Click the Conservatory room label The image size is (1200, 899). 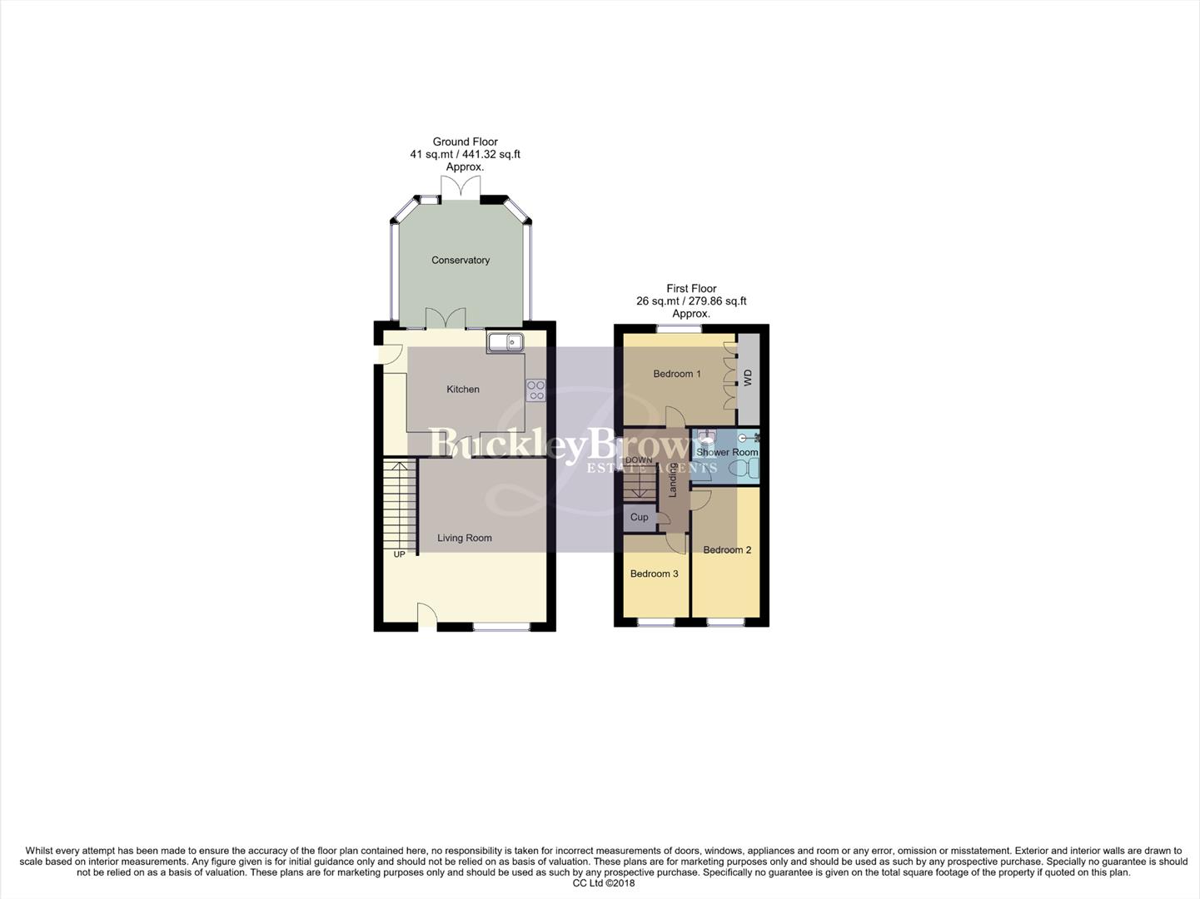(461, 261)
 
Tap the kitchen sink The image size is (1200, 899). (505, 341)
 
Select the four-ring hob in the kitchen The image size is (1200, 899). (535, 390)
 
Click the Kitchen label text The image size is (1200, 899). (463, 390)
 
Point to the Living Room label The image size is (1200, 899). (465, 538)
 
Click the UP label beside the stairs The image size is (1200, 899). (400, 554)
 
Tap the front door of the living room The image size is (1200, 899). (426, 616)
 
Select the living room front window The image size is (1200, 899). (501, 626)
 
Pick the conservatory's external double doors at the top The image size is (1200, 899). (461, 189)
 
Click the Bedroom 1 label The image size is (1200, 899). (677, 374)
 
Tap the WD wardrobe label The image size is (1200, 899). (748, 377)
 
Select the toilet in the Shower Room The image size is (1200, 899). (744, 469)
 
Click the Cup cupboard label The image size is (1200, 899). (640, 517)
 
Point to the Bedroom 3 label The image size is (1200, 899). (655, 574)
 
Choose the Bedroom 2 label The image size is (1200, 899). (727, 550)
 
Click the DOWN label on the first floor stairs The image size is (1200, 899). (639, 460)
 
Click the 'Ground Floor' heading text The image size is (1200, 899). (465, 142)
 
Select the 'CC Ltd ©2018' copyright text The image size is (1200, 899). (604, 883)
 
